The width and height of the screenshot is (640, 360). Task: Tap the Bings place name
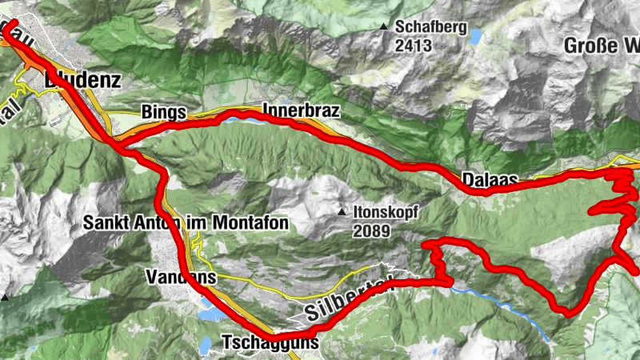[164, 111]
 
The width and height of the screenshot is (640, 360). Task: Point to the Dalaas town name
[490, 178]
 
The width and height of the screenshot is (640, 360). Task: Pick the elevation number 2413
[414, 46]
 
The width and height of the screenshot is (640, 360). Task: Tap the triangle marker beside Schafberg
[386, 27]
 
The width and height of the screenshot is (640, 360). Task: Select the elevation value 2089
[370, 231]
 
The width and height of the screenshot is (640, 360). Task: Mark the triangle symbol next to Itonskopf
[342, 213]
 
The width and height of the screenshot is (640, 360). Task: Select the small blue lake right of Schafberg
[476, 36]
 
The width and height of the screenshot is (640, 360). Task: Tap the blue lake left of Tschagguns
[206, 346]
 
